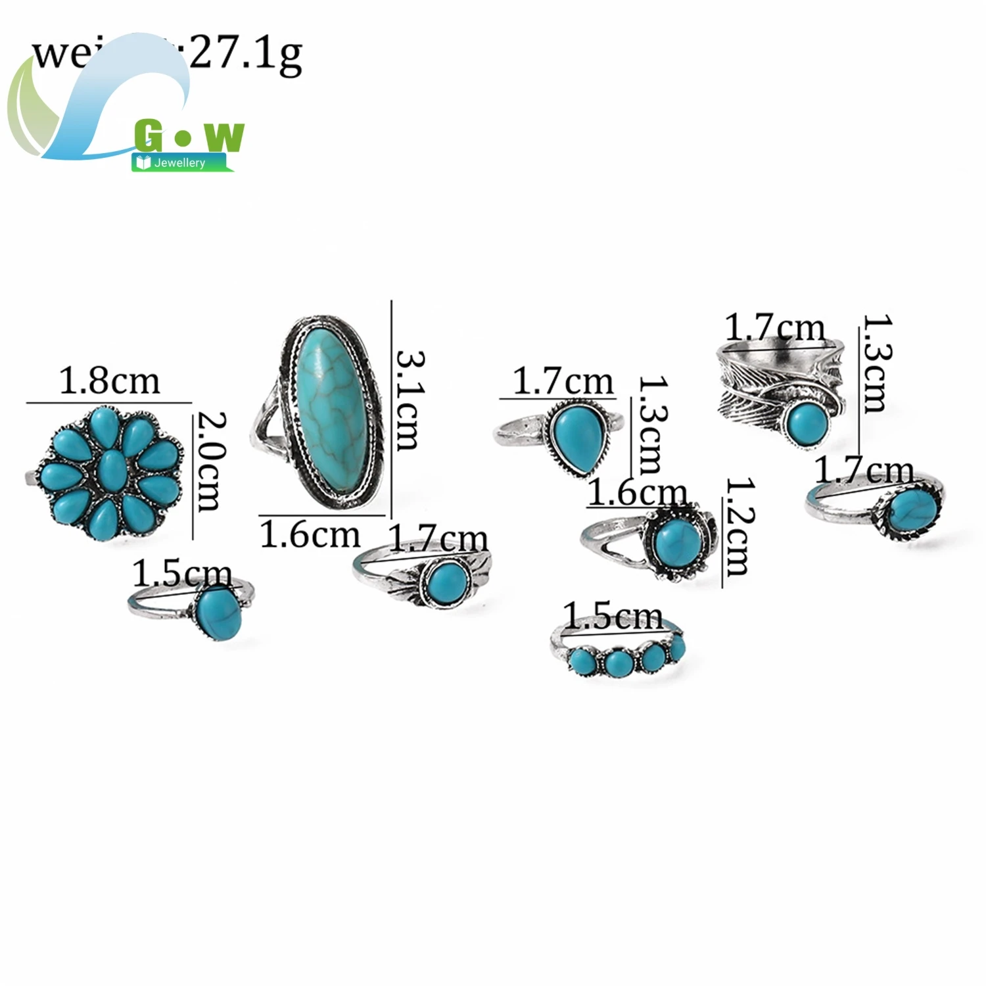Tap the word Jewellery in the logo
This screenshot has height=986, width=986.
point(179,162)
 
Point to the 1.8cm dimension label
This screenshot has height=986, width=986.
point(109,381)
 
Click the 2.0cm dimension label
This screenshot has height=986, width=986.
point(210,461)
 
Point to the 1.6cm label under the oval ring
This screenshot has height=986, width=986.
point(310,535)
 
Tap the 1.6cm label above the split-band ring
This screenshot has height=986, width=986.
point(636,493)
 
